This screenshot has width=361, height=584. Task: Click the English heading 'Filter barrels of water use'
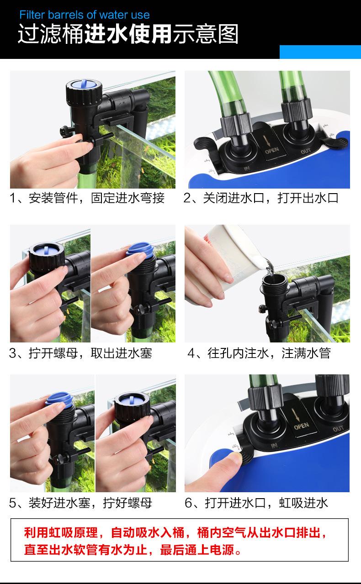tap(85, 15)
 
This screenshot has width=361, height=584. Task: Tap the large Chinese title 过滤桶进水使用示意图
tap(128, 34)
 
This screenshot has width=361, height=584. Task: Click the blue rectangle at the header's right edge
tap(320, 52)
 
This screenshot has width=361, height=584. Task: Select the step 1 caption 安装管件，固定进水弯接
tap(87, 198)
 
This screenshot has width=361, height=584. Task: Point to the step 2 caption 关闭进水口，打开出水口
tap(261, 198)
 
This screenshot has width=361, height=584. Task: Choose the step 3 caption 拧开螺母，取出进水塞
tap(80, 353)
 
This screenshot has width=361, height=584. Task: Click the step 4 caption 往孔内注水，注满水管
tap(259, 353)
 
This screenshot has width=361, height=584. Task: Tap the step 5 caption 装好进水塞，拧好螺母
tap(80, 503)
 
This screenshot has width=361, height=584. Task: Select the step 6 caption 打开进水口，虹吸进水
tap(256, 503)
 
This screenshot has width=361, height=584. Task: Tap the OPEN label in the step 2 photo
tap(272, 151)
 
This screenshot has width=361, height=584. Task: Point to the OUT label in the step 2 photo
tap(305, 151)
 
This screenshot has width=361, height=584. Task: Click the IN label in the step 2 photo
tap(246, 168)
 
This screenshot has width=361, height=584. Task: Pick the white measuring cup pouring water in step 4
tap(229, 258)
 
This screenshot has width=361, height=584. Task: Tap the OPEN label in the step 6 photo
tap(301, 426)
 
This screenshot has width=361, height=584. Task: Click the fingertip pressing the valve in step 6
tap(235, 457)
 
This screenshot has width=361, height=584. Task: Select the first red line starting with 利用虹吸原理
tap(175, 533)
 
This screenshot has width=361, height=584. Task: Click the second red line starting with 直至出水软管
tap(133, 550)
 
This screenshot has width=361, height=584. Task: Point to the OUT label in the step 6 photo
tap(338, 429)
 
